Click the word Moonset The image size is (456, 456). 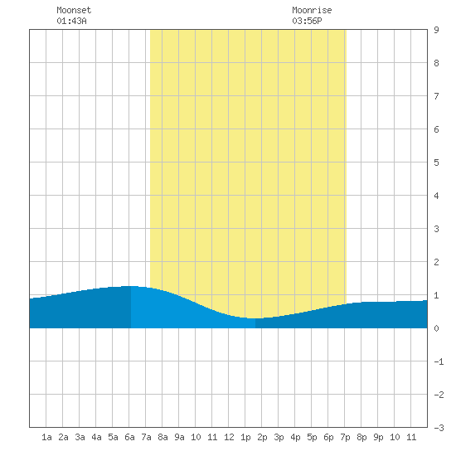(74, 10)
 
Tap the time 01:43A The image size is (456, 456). (71, 21)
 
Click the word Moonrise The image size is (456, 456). (312, 10)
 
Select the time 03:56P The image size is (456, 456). (307, 21)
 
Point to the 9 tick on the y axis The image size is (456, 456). (436, 30)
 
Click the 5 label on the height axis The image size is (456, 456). (436, 163)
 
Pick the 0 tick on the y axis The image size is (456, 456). (436, 328)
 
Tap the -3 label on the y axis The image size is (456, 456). (439, 428)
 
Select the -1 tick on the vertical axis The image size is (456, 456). (439, 361)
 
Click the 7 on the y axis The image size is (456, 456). (436, 96)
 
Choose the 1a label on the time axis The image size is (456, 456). (46, 437)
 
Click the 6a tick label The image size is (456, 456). (129, 437)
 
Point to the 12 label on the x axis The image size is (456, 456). (229, 437)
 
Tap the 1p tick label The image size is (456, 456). (245, 437)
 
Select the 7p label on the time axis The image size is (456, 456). (345, 437)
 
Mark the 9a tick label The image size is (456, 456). (179, 437)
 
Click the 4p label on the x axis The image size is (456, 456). (295, 437)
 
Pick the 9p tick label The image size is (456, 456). (378, 437)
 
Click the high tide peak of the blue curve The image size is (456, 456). (130, 286)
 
